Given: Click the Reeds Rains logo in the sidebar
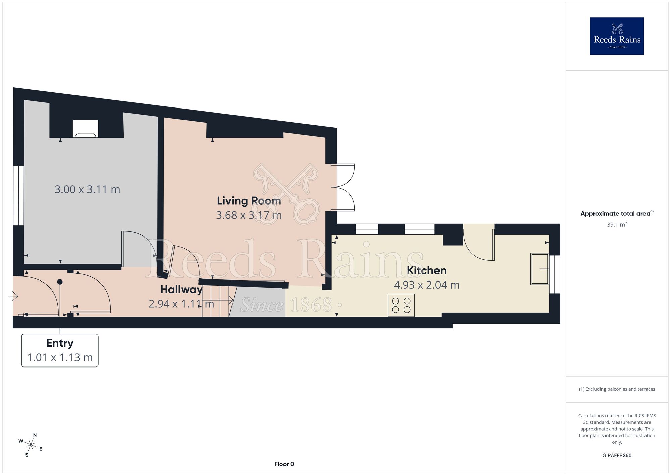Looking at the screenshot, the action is (617, 36).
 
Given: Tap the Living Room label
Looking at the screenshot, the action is (249, 201).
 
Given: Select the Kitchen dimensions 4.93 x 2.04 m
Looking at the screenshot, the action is (426, 285).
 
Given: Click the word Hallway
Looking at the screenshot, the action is (181, 290).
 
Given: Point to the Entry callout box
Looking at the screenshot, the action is (60, 350).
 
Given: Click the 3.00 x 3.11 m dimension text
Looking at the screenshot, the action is (87, 189).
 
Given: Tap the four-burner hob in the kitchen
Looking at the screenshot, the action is (401, 305).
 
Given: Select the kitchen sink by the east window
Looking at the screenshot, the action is (539, 269).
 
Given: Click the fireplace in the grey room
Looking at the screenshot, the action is (86, 129).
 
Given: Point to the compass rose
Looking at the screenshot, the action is (31, 445).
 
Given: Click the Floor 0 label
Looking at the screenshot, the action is (284, 464).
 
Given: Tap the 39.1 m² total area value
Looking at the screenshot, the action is (617, 224).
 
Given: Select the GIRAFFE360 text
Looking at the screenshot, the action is (617, 456).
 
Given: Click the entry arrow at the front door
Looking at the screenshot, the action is (13, 296).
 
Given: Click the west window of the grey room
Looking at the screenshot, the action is (19, 196).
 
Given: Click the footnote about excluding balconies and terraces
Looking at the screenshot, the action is (617, 389).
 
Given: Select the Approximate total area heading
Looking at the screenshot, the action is (617, 213).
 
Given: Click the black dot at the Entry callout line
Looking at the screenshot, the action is (60, 282).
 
